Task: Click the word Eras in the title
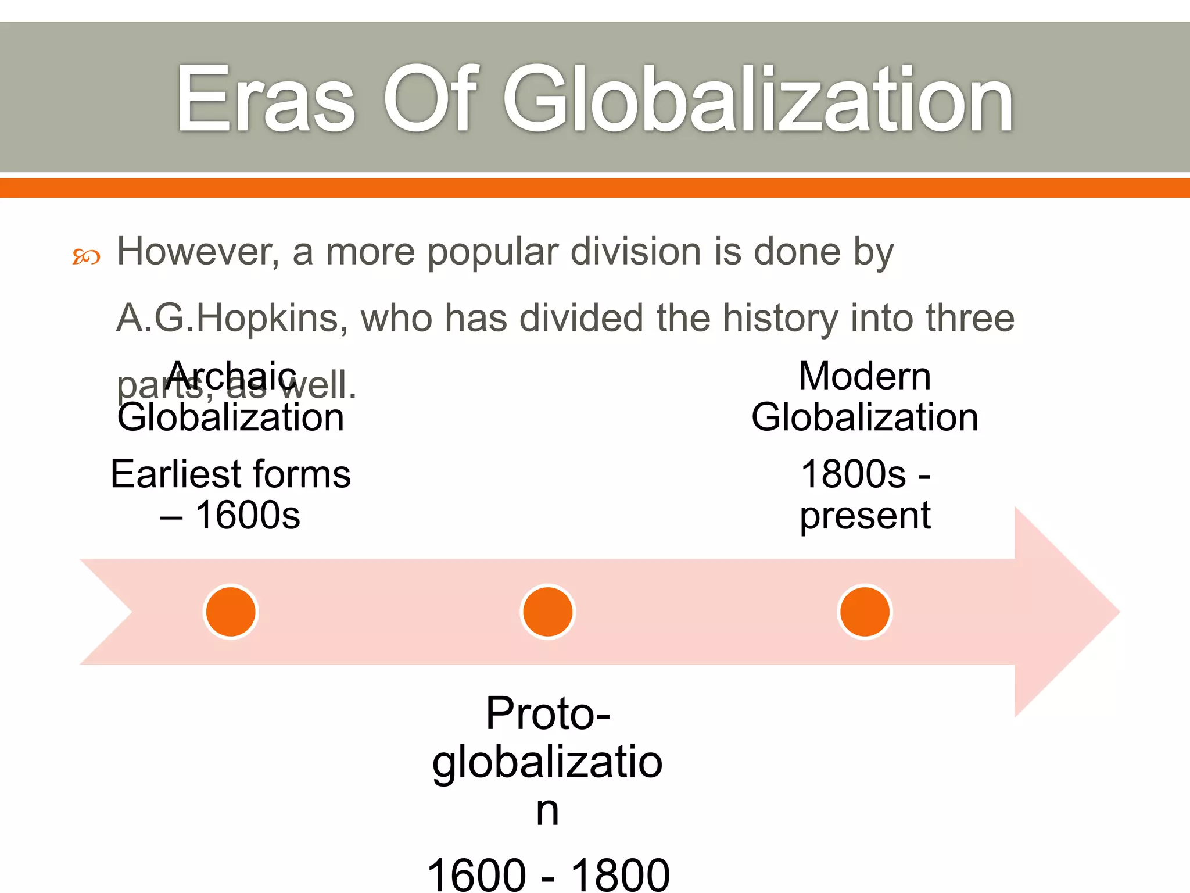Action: pyautogui.click(x=265, y=100)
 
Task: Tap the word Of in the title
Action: pyautogui.click(x=430, y=100)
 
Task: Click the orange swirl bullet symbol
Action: pyautogui.click(x=86, y=256)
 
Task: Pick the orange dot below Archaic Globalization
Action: pyautogui.click(x=231, y=612)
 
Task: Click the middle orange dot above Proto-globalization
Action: pyautogui.click(x=547, y=612)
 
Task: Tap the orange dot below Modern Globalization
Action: pyautogui.click(x=865, y=612)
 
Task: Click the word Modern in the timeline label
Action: pyautogui.click(x=865, y=376)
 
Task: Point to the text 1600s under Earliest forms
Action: pyautogui.click(x=248, y=516)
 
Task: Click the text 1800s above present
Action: pyautogui.click(x=852, y=474)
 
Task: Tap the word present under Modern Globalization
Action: pyautogui.click(x=865, y=516)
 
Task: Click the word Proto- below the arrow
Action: pyautogui.click(x=548, y=714)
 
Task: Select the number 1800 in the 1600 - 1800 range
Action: pyautogui.click(x=620, y=876)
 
